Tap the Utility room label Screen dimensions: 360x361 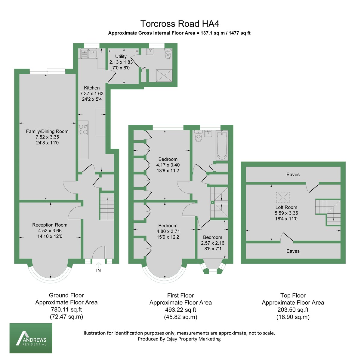pyautogui.click(x=121, y=56)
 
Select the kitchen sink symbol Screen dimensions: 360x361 pyautogui.click(x=88, y=54)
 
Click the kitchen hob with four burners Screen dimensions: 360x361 pyautogui.click(x=84, y=129)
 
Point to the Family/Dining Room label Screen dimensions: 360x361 pyautogui.click(x=47, y=131)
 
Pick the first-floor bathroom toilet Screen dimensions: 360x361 pyautogui.click(x=198, y=137)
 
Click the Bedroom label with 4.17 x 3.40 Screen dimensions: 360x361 pyautogui.click(x=168, y=159)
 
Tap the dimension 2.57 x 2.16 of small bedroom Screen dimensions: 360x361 pyautogui.click(x=213, y=243)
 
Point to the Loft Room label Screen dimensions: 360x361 pyautogui.click(x=286, y=207)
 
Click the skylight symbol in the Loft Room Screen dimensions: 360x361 pyautogui.click(x=282, y=197)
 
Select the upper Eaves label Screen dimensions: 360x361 pyautogui.click(x=293, y=175)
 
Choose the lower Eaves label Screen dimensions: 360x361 pyautogui.click(x=293, y=251)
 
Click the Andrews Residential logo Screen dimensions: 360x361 pyautogui.click(x=31, y=338)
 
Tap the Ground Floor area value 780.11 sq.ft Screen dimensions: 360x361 pyautogui.click(x=66, y=310)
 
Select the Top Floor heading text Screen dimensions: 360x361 pyautogui.click(x=293, y=296)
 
